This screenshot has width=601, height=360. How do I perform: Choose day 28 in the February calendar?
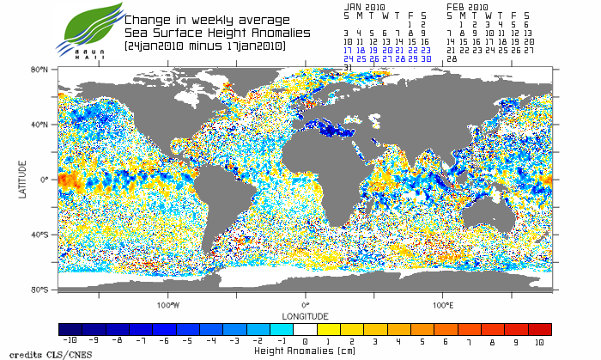452,58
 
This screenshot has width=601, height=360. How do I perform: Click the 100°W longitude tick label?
168,304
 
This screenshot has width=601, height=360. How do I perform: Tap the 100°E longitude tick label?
442,304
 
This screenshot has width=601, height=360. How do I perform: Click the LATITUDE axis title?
23,180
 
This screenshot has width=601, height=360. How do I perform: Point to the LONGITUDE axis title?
305,316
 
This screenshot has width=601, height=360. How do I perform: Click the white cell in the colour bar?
305,329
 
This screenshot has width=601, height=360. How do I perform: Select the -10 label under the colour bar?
70,341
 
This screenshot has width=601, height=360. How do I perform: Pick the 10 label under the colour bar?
539,341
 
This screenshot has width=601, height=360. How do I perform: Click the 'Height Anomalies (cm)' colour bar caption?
305,351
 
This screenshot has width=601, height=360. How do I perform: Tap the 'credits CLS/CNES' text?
36,354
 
